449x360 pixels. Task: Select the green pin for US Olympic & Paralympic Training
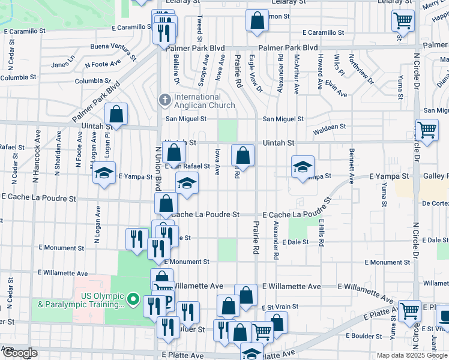[134, 299]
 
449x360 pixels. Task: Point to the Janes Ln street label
[63, 65]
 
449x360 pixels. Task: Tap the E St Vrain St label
[279, 307]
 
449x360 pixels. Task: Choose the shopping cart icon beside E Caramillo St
[403, 21]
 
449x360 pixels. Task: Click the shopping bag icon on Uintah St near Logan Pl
[116, 114]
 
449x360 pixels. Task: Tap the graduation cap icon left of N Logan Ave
[104, 174]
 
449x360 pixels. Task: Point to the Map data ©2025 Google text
[411, 355]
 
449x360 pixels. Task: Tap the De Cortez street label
[435, 203]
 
